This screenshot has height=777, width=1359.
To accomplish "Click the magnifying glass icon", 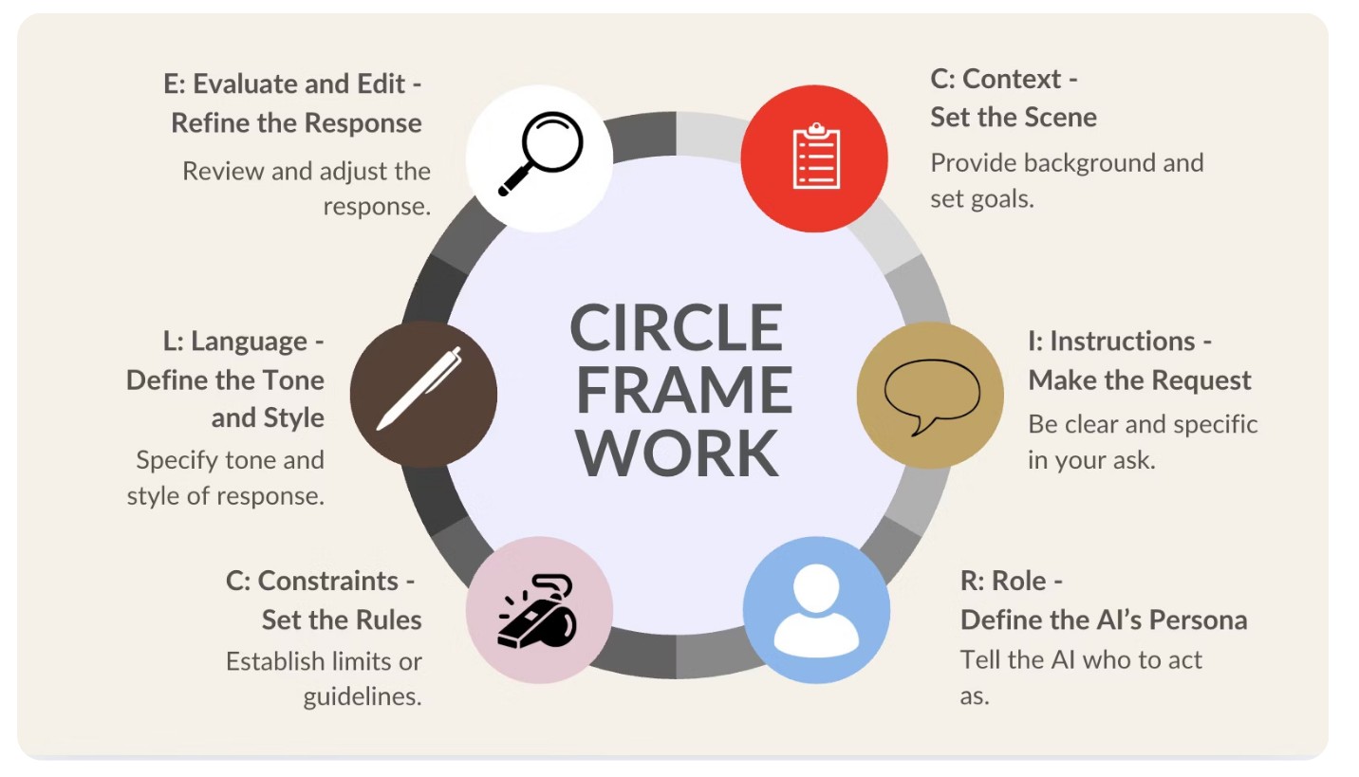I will (539, 154).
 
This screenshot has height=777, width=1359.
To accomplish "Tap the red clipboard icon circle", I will (814, 158).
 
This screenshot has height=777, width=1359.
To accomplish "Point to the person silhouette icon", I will (816, 609).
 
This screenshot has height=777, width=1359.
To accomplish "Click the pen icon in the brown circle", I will (422, 392).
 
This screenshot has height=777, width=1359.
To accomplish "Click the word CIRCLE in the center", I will (676, 327).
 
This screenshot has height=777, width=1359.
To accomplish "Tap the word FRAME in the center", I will (682, 390).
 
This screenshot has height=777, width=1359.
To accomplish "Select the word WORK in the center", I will (677, 453).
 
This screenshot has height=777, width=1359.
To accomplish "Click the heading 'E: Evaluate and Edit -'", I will (292, 83).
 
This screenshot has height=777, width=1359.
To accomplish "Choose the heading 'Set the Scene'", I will (1013, 117).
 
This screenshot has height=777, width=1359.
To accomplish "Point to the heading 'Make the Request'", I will (1139, 380).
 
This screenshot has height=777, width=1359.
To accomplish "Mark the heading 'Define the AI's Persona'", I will (1103, 620).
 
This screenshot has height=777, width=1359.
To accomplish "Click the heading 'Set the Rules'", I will (342, 620).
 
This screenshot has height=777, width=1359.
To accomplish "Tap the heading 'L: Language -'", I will (243, 341).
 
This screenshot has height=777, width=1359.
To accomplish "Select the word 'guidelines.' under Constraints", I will (362, 696).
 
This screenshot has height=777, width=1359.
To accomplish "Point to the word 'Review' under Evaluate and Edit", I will (222, 172).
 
